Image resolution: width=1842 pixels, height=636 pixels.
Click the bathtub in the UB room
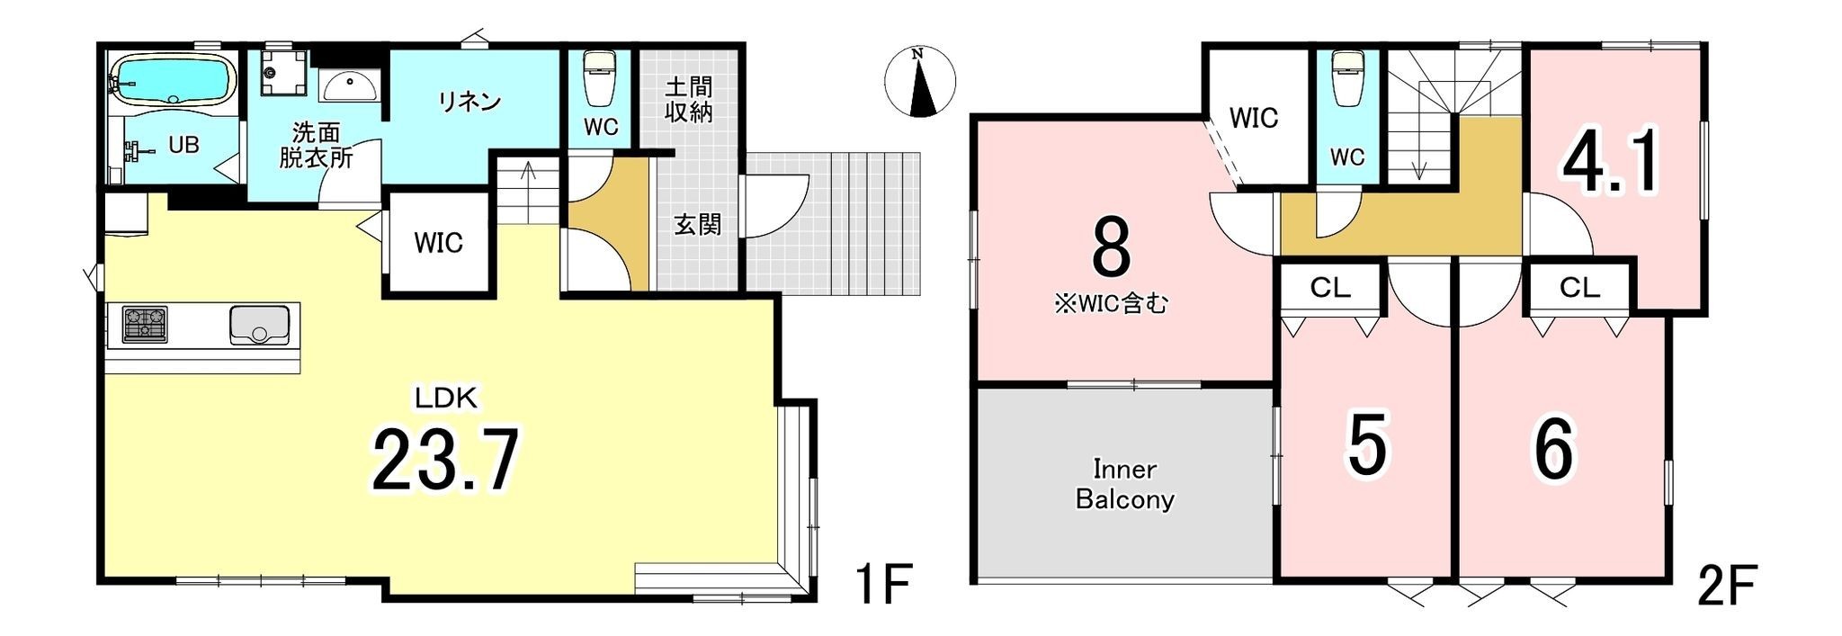[172, 81]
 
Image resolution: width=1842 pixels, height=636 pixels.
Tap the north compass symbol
[919, 81]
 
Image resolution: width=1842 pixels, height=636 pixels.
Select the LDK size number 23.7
[446, 460]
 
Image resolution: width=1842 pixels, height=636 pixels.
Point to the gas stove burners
[145, 325]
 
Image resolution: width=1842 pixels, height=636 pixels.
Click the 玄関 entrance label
[698, 224]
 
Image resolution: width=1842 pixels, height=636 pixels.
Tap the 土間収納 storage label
[689, 99]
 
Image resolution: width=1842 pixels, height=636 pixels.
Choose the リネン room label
[469, 102]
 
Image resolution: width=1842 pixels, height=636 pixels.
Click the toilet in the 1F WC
[599, 79]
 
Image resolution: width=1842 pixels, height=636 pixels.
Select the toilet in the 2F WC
[1346, 79]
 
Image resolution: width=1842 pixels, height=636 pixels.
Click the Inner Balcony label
[1125, 484]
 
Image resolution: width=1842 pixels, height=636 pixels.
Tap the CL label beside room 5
[1330, 288]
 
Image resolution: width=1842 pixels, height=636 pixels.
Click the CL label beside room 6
[1579, 288]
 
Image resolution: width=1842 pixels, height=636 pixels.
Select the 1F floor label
[884, 585]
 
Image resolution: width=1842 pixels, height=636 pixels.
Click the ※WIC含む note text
[1112, 304]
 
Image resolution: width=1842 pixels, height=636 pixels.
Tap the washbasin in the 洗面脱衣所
[349, 86]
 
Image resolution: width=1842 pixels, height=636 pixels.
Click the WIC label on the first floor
[439, 243]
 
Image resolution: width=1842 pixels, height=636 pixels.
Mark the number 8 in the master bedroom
[1111, 248]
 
